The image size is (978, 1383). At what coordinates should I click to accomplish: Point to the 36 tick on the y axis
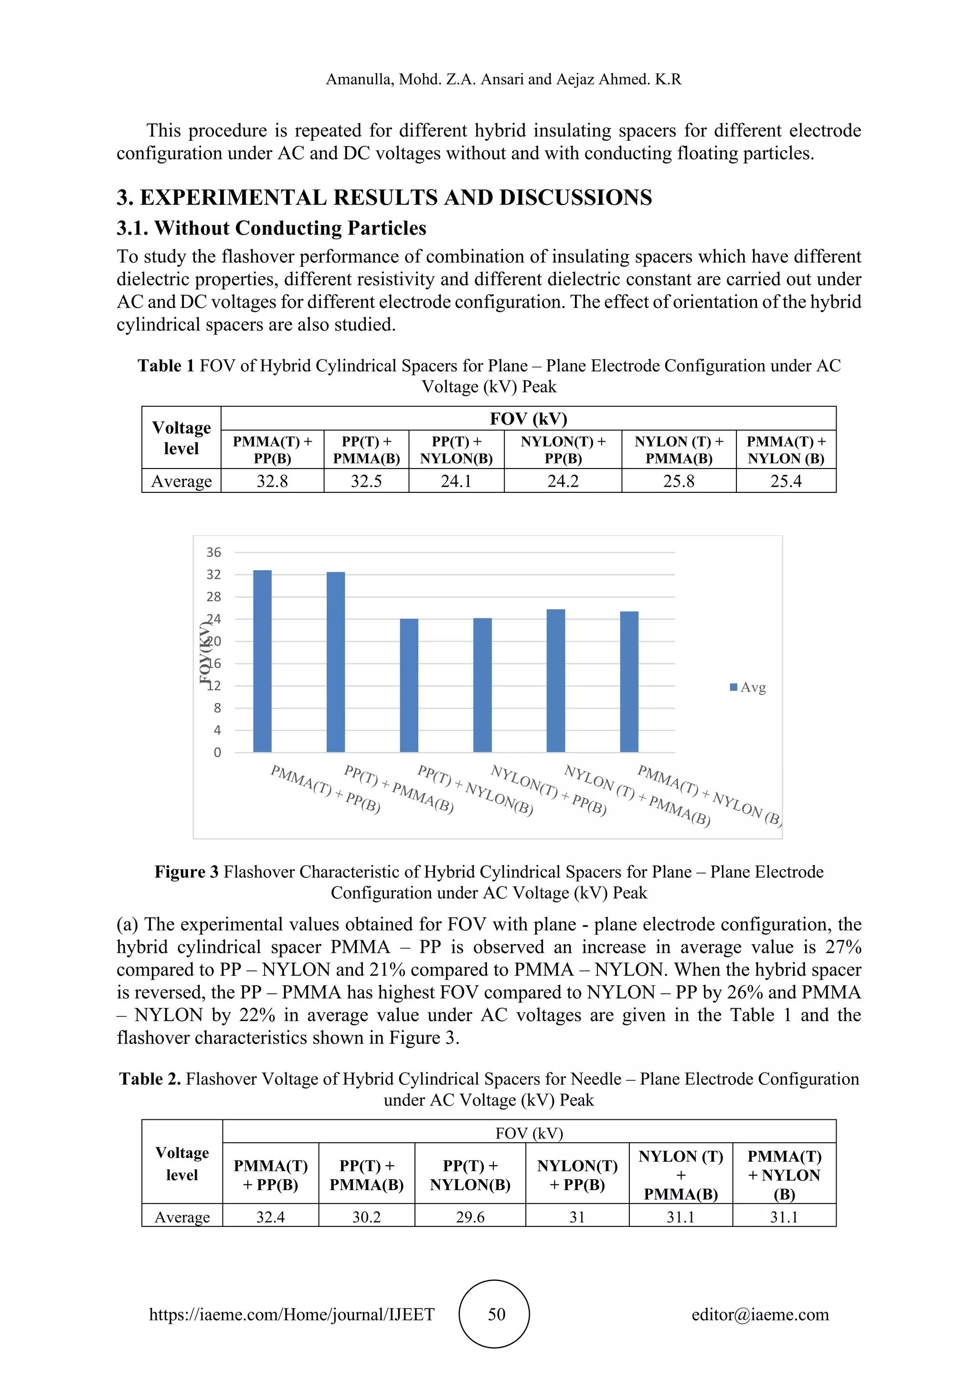(x=214, y=553)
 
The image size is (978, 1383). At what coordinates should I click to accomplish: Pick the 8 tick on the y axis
(x=217, y=708)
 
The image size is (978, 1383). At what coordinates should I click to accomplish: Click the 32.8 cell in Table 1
(x=272, y=481)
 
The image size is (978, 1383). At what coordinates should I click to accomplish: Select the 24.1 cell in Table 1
(x=456, y=481)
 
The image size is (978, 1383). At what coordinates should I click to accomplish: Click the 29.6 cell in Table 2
(x=470, y=1217)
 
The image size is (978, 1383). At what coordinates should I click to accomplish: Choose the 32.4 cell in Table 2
(x=270, y=1217)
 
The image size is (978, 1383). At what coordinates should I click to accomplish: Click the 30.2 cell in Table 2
(x=366, y=1217)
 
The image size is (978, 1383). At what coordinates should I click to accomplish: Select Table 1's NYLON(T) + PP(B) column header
(x=563, y=450)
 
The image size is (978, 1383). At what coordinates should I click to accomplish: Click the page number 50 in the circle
(x=496, y=1314)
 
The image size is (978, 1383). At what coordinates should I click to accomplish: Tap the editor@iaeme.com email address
(x=760, y=1314)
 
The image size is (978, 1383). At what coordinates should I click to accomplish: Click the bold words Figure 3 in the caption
(x=186, y=872)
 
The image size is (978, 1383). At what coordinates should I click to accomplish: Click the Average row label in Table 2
(x=182, y=1217)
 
